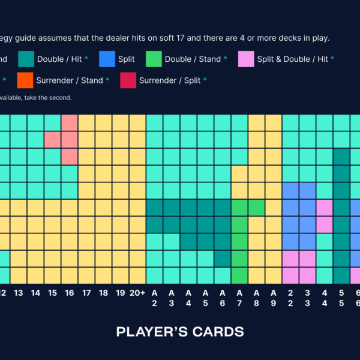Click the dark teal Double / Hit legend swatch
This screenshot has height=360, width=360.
click(26, 59)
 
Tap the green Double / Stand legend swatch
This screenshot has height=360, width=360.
click(154, 59)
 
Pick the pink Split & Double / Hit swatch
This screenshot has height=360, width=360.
click(246, 59)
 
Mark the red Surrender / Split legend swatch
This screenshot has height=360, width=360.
click(128, 80)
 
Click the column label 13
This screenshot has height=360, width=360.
click(18, 293)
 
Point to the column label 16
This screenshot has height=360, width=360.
click(70, 293)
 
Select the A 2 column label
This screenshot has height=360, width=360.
click(155, 298)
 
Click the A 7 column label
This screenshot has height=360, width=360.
click(239, 298)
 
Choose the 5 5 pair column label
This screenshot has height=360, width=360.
click(341, 298)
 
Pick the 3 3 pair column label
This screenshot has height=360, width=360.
click(307, 298)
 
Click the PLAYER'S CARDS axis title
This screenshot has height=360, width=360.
click(180, 332)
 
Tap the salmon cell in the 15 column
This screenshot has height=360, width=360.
click(53, 139)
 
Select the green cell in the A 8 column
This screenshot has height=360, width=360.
click(256, 207)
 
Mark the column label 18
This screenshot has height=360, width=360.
click(104, 293)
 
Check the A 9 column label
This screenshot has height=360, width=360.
click(274, 298)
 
